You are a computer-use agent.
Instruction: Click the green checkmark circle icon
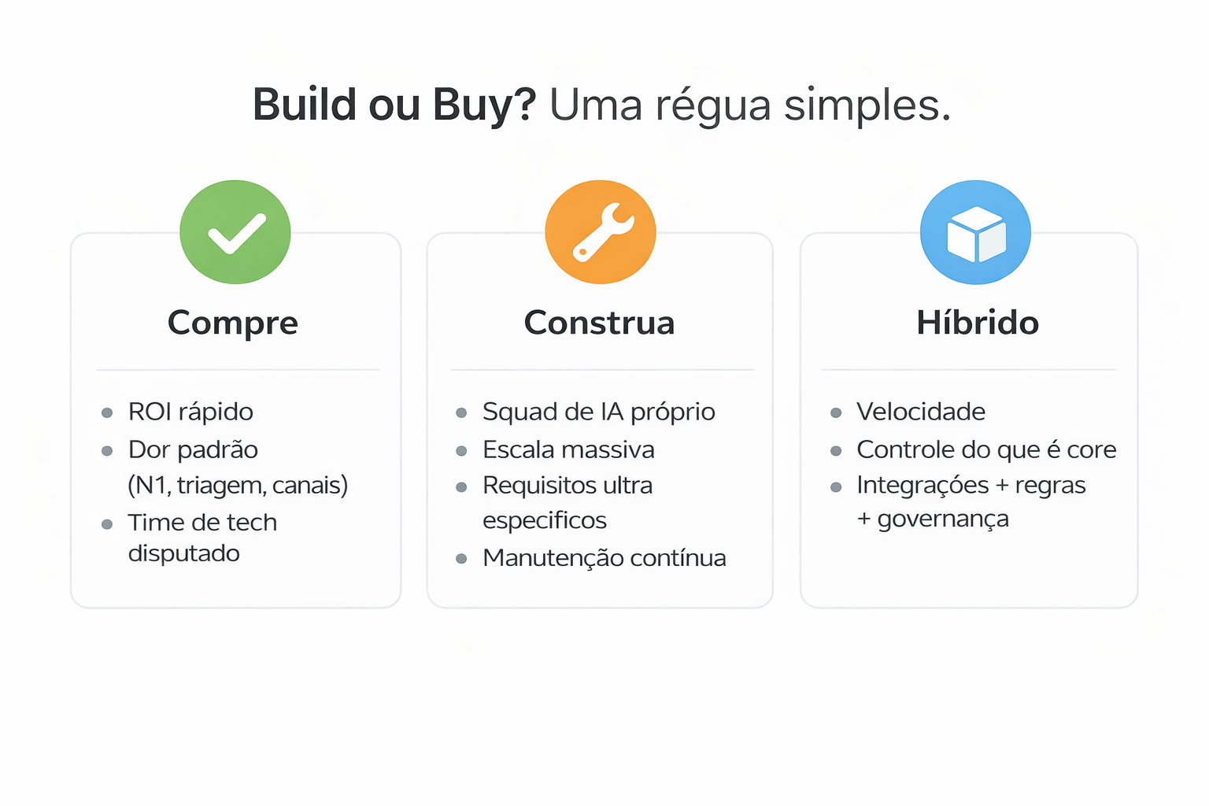pos(235,232)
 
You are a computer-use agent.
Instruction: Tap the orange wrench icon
pos(601,232)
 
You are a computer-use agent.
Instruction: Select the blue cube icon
pos(975,232)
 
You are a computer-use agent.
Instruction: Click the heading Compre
pos(233,323)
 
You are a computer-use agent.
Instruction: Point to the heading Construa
pos(600,323)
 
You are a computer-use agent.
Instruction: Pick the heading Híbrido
pos(978,323)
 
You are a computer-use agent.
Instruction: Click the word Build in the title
pos(305,105)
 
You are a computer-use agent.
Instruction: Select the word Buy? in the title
pos(484,105)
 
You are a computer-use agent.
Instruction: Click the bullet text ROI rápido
pos(190,412)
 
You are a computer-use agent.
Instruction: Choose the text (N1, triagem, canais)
pos(238,485)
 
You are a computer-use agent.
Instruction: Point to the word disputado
pos(184,553)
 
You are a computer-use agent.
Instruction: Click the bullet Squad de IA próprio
pos(598,412)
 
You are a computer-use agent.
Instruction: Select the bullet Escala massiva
pos(568,449)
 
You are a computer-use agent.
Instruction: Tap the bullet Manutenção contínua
pos(604,557)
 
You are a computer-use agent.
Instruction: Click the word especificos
pos(545,520)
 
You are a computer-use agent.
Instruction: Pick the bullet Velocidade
pos(921,412)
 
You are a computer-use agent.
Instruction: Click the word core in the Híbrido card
pos(1092,449)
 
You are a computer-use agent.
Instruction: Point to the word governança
pos(943,519)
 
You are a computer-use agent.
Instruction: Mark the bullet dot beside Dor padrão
pos(107,451)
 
